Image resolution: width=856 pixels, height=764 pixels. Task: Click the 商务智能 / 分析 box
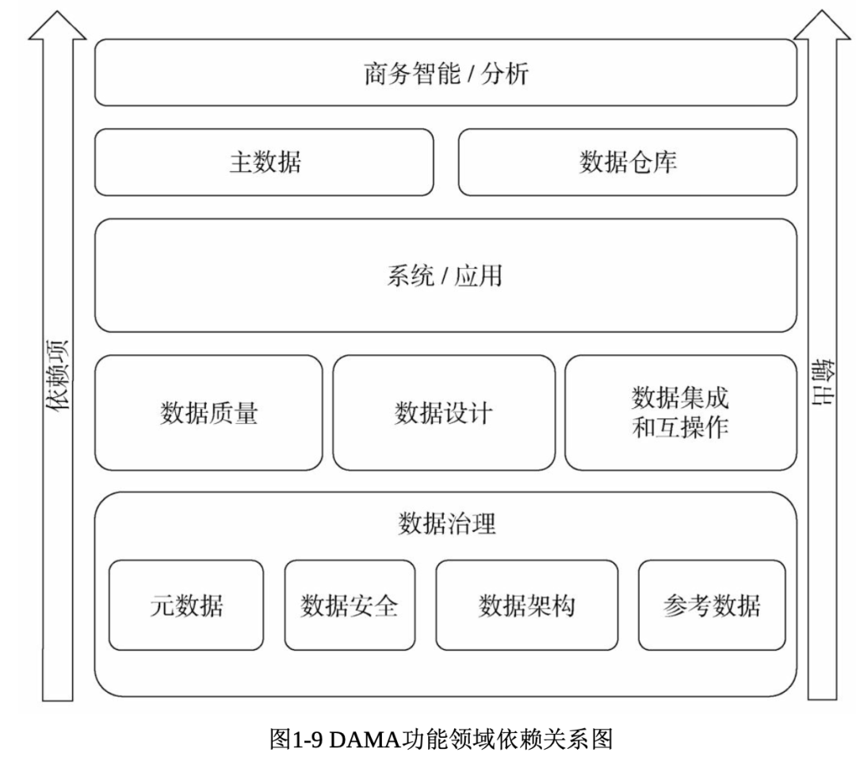point(445,73)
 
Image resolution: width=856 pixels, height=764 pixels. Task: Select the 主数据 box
point(264,162)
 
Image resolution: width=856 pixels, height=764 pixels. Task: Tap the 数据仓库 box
point(628,162)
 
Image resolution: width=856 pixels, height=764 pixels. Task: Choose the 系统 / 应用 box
point(445,276)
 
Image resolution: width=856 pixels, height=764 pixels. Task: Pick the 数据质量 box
point(208,413)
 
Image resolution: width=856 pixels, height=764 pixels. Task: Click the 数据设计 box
point(444,413)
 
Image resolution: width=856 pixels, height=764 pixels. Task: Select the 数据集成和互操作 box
point(681,413)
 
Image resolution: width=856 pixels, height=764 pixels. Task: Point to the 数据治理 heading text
point(447,524)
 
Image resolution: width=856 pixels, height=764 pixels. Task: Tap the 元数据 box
point(186,605)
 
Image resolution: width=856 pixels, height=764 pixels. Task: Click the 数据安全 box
point(350,605)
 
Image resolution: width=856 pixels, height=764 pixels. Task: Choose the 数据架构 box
point(527,605)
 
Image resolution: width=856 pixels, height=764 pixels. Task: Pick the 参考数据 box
point(712,605)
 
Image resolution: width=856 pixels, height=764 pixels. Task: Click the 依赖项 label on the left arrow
point(58,375)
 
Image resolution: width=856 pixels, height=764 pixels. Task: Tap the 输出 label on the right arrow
point(822,382)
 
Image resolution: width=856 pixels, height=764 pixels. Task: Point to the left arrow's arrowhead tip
point(57,11)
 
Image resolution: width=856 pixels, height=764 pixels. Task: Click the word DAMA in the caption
point(364,739)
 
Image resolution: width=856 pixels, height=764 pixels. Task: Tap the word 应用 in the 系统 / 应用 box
point(478,276)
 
